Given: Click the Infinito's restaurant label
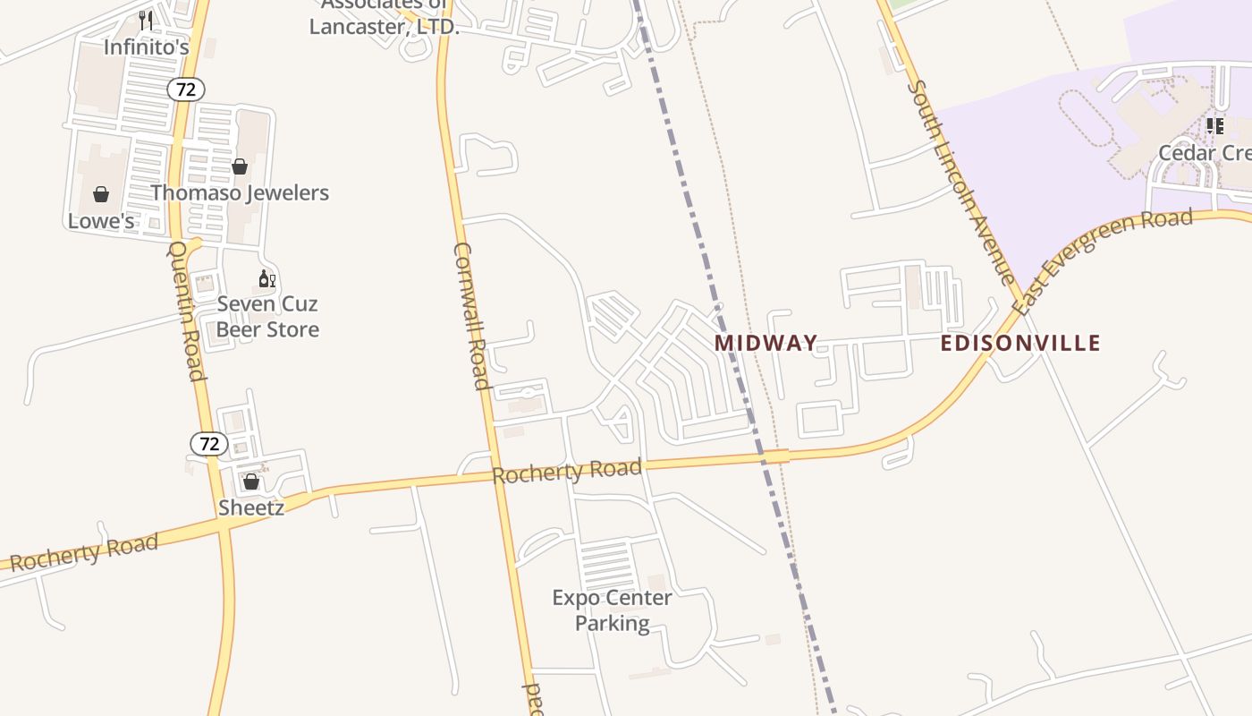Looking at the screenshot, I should [147, 47].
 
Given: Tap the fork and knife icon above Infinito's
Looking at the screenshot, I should [146, 20].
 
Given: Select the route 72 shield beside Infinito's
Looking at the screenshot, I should [186, 89].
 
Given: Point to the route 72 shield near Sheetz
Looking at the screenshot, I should [209, 444].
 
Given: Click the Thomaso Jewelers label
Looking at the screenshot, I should [240, 192].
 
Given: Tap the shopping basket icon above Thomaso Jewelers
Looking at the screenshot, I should [240, 166].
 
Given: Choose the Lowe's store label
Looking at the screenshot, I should [101, 220].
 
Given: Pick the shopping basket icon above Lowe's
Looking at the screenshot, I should [101, 194].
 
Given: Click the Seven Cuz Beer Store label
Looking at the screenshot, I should [267, 317].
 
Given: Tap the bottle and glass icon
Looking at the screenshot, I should [266, 279].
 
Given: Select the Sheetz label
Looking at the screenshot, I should [251, 507].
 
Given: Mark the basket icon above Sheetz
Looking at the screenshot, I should [251, 482].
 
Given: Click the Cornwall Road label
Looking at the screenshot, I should [471, 316].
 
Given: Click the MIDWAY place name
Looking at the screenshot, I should [766, 343].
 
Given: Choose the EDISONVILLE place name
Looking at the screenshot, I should [1020, 343].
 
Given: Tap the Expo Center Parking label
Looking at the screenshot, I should [613, 609].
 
